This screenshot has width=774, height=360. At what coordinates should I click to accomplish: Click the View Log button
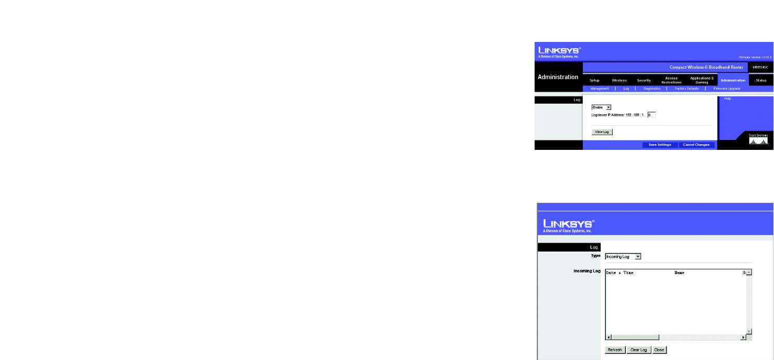pyautogui.click(x=602, y=132)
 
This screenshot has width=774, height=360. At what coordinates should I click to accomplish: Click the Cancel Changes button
pyautogui.click(x=696, y=145)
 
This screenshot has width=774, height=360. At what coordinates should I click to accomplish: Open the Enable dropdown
pyautogui.click(x=601, y=107)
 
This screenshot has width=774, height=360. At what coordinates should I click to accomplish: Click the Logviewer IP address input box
pyautogui.click(x=651, y=114)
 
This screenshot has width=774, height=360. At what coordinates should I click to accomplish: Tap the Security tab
pyautogui.click(x=644, y=80)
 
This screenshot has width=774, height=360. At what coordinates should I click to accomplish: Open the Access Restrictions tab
pyautogui.click(x=671, y=80)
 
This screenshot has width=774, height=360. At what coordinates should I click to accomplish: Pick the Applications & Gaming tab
pyautogui.click(x=702, y=80)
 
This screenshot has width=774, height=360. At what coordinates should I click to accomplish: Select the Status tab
pyautogui.click(x=761, y=80)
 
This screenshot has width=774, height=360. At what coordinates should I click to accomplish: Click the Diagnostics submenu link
pyautogui.click(x=651, y=89)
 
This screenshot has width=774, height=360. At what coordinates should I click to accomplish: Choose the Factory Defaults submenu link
pyautogui.click(x=687, y=89)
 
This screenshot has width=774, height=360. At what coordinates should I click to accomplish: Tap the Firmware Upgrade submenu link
pyautogui.click(x=727, y=89)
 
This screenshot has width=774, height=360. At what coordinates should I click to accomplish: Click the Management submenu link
pyautogui.click(x=599, y=89)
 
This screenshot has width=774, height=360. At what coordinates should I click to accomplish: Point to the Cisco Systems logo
pyautogui.click(x=758, y=139)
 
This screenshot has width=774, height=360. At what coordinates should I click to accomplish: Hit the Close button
pyautogui.click(x=659, y=350)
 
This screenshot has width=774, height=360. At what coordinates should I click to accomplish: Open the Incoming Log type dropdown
pyautogui.click(x=623, y=256)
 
